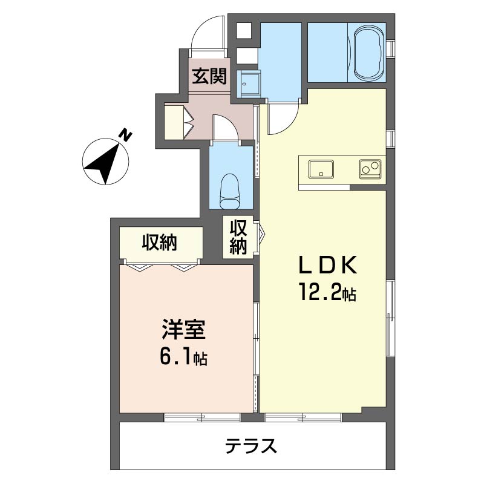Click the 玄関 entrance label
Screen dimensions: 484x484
click(x=209, y=76)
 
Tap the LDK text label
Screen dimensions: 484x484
click(x=327, y=265)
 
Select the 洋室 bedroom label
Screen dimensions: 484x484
click(x=184, y=330)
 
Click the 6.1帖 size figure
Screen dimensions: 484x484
click(x=183, y=357)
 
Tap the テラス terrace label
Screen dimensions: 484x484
click(x=250, y=446)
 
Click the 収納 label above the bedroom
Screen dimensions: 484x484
click(x=159, y=243)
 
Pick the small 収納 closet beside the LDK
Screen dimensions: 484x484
click(x=238, y=238)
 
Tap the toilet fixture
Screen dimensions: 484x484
click(x=230, y=191)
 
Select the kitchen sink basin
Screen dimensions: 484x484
click(x=321, y=169)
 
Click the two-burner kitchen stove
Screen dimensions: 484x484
click(x=370, y=169)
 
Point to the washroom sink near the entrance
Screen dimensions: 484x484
click(x=249, y=83)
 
